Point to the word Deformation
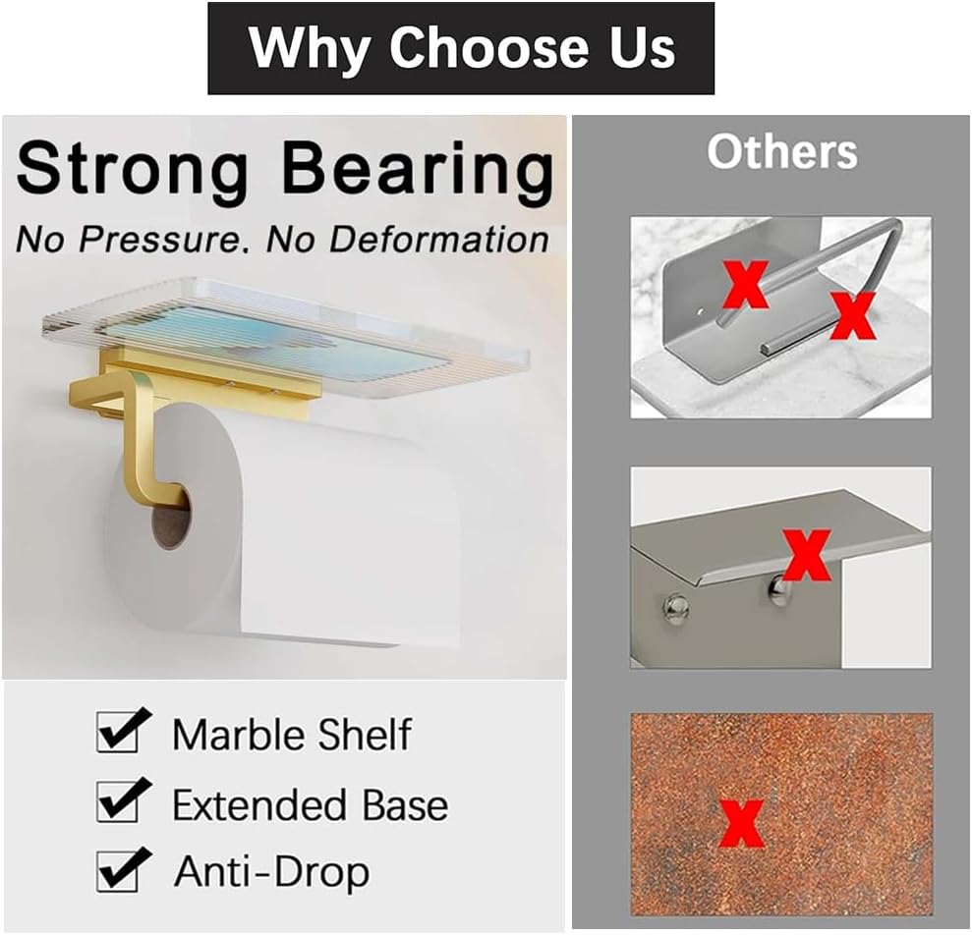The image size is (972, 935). pos(438,239)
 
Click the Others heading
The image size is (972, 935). pos(781,152)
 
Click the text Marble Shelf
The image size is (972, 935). pos(292,735)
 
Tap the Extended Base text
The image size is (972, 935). pos(310,805)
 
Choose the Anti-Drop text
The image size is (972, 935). pos(271,872)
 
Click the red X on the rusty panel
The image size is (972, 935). pos(741,823)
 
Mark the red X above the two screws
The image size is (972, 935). pos(806,554)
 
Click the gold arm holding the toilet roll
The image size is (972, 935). pos(147,432)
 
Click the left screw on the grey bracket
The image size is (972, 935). pos(676,609)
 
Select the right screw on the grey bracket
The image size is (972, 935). pos(777,589)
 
